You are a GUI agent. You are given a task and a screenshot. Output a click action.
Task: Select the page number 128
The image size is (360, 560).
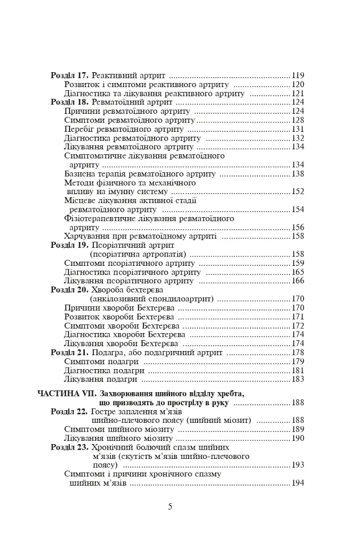coord(298,120)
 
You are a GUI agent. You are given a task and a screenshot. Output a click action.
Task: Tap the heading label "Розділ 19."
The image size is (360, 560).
coord(69,246)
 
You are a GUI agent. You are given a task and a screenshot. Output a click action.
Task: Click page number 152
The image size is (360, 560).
coord(298,192)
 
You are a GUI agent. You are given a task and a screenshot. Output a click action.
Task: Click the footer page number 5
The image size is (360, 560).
coord(170,506)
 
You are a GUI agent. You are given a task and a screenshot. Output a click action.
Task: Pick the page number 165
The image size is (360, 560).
coord(298,272)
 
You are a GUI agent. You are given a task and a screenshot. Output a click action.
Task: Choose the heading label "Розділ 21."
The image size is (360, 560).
coord(69,353)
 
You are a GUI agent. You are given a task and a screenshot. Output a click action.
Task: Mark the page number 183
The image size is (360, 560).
coord(298,379)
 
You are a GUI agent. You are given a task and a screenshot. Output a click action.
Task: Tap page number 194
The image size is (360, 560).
coord(298,483)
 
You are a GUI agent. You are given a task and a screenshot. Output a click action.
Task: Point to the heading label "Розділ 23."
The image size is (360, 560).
coord(69,447)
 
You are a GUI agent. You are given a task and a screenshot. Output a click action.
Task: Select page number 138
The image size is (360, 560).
coord(298,174)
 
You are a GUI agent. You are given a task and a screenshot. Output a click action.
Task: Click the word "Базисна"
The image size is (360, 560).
coord(80,174)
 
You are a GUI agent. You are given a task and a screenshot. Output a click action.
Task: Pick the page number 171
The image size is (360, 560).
coord(298,317)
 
